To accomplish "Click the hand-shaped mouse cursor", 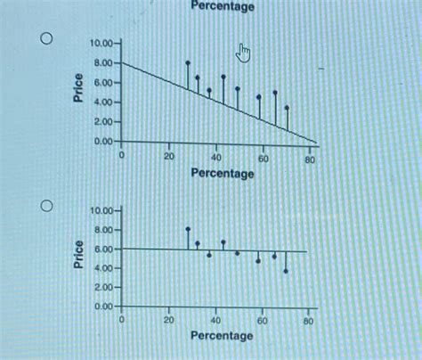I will pyautogui.click(x=244, y=53).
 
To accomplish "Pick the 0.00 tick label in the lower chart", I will pyautogui.click(x=104, y=307).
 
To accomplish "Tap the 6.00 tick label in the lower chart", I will pyautogui.click(x=104, y=250).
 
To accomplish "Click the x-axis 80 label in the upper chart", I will pyautogui.click(x=310, y=159).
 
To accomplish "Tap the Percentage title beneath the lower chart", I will pyautogui.click(x=222, y=336).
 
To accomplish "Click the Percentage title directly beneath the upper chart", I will pyautogui.click(x=222, y=173).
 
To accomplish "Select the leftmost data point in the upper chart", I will pyautogui.click(x=188, y=63).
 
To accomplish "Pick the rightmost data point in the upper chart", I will pyautogui.click(x=287, y=108).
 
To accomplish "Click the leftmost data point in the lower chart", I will pyautogui.click(x=188, y=229).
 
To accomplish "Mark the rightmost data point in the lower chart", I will pyautogui.click(x=286, y=271).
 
